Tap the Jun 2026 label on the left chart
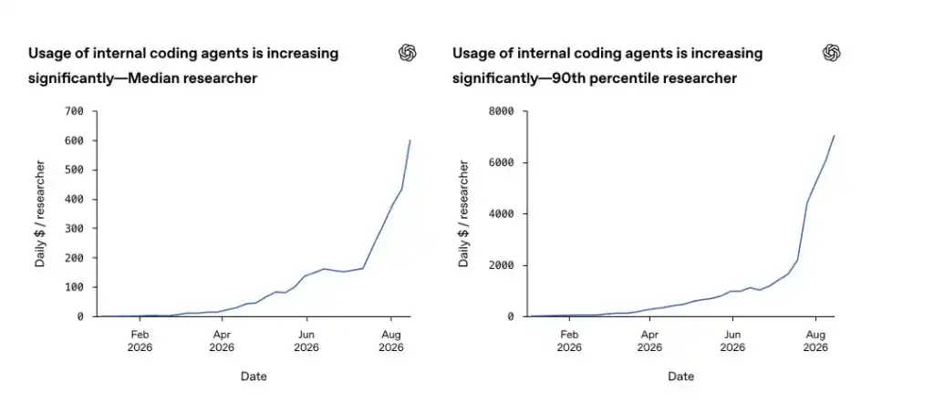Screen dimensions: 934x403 306,341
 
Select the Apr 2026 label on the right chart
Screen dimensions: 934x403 649,341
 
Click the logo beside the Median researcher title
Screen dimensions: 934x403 408,53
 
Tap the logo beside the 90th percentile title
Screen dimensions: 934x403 832,53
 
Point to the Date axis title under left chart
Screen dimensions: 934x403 254,377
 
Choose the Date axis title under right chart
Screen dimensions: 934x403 680,377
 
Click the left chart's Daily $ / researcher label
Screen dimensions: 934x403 40,213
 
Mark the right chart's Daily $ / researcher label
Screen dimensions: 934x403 464,213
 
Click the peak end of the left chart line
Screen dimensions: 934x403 410,139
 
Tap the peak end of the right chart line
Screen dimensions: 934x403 834,135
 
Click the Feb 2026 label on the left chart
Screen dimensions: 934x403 140,341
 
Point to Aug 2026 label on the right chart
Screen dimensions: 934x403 815,341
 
